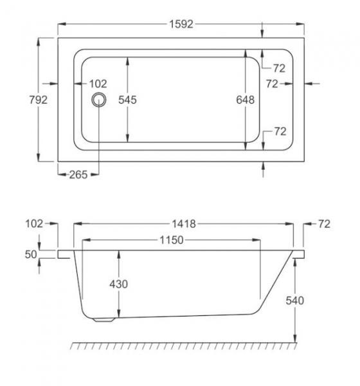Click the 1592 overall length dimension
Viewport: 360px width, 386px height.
click(181, 24)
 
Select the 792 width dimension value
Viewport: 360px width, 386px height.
click(39, 100)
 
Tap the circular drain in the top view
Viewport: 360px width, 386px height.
click(99, 100)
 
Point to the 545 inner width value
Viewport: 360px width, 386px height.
click(127, 100)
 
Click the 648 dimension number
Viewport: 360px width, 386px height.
click(245, 100)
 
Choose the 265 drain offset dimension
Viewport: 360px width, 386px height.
click(78, 175)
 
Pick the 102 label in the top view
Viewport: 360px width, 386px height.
click(98, 84)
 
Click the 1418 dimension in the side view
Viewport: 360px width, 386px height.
click(184, 224)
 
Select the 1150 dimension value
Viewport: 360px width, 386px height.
click(172, 240)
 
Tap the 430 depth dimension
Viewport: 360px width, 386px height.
click(118, 284)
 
